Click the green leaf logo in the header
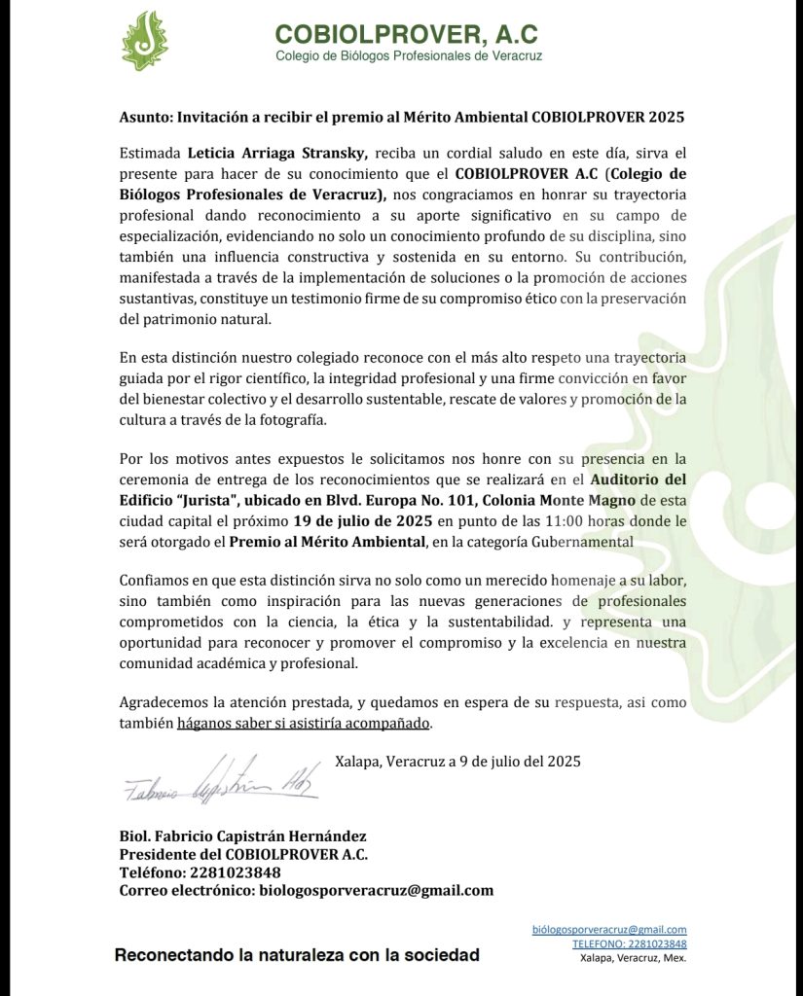point(144,41)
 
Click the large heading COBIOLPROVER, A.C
point(406,34)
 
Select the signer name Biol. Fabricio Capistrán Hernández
point(242,836)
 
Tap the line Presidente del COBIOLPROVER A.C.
point(243,854)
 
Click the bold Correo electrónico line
point(306,890)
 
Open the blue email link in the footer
point(609,930)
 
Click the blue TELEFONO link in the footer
point(629,943)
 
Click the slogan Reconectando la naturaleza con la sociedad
point(297,955)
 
